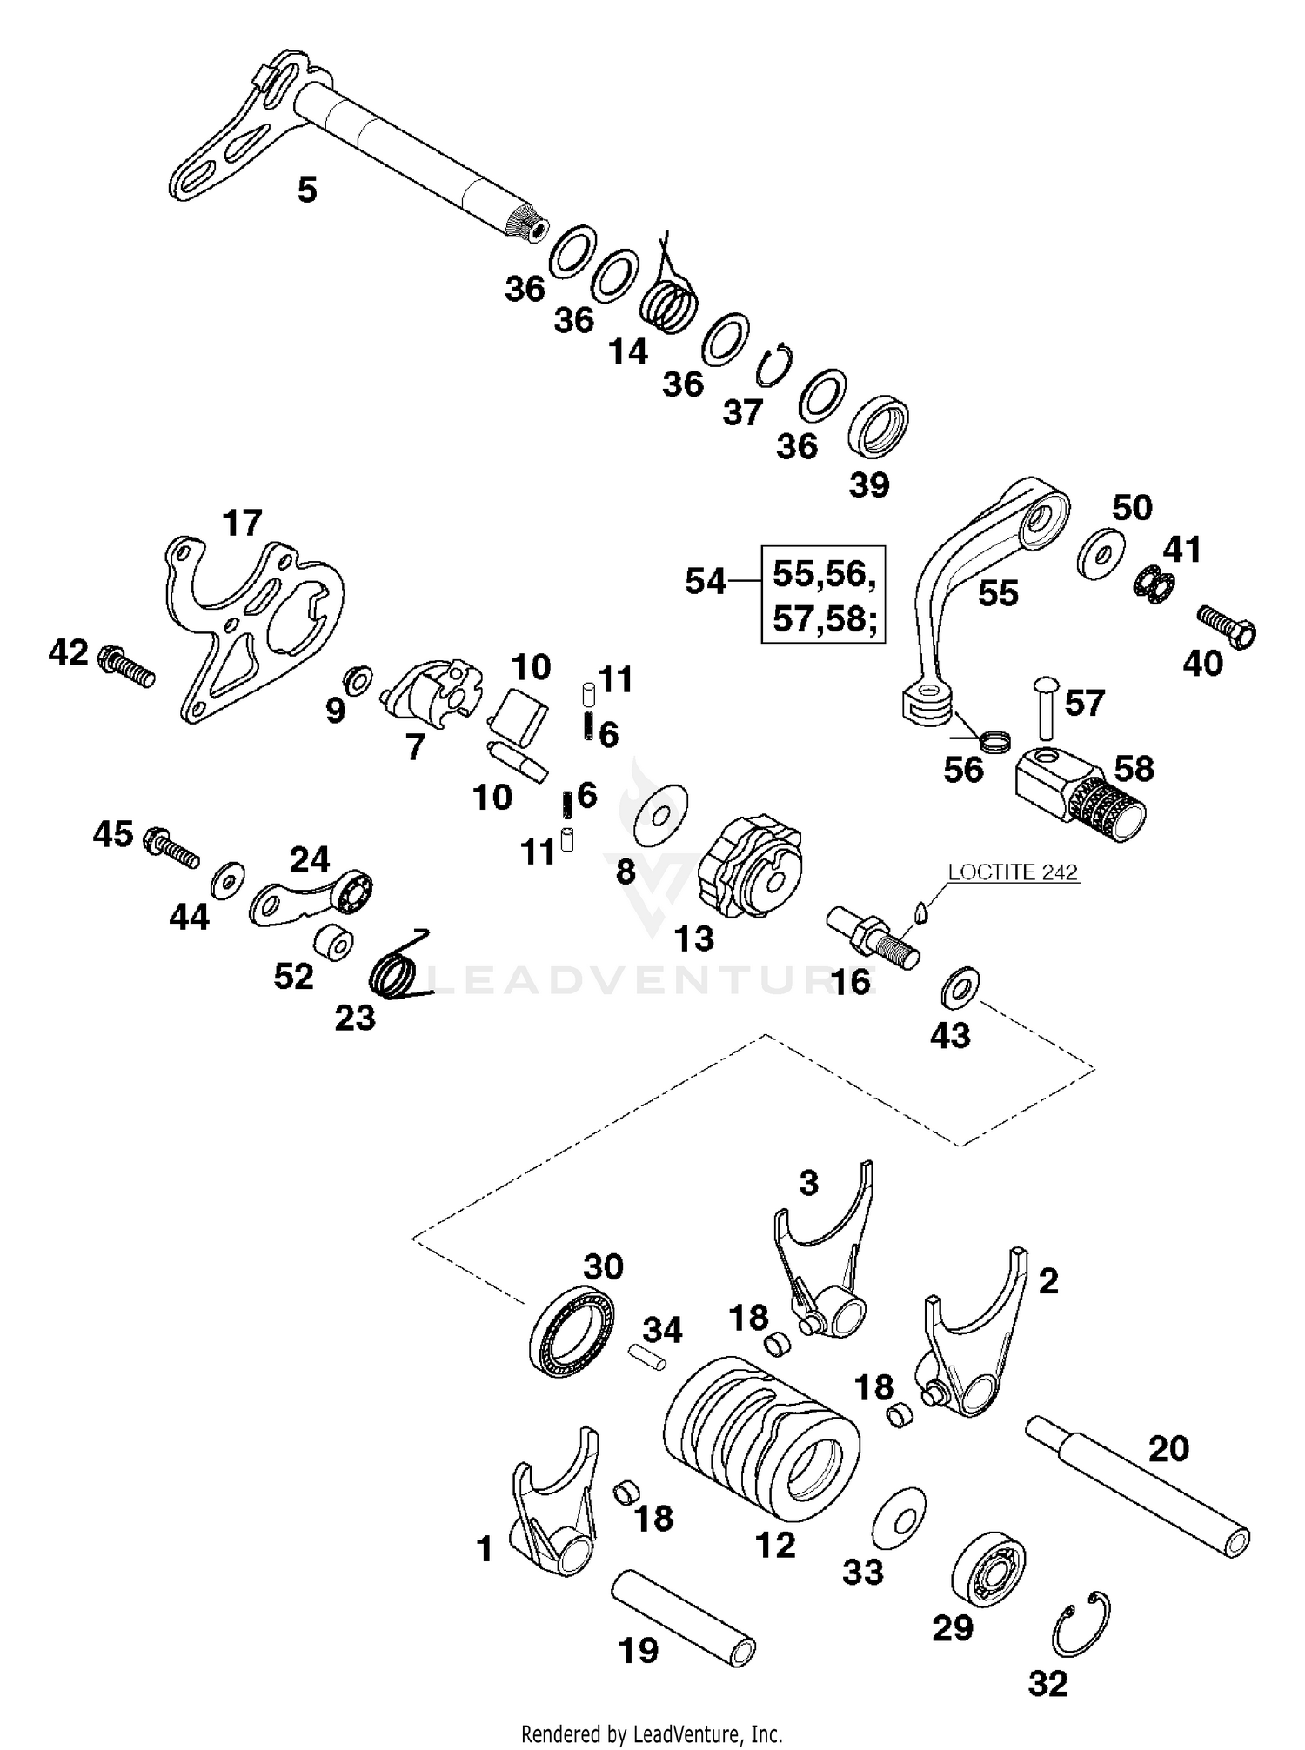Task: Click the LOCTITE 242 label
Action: coord(1013,872)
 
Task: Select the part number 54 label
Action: coord(705,581)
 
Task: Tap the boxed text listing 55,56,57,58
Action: coord(823,595)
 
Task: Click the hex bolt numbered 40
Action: coord(1227,626)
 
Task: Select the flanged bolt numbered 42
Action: coord(127,665)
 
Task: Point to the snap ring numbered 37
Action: coord(772,364)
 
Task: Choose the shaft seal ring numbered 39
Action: coord(879,427)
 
